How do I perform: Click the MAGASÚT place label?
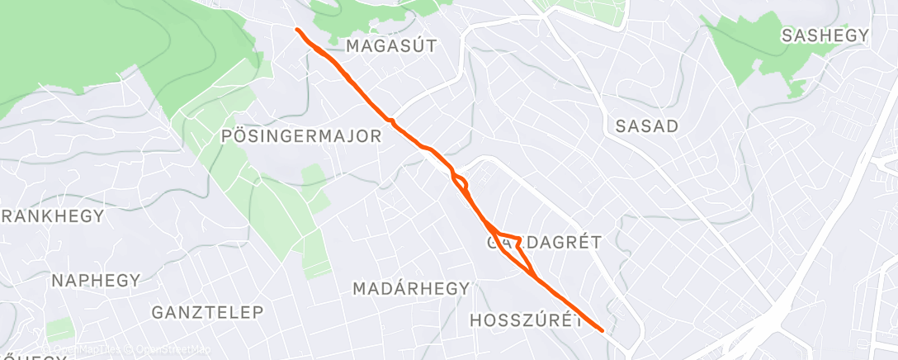(x=390, y=45)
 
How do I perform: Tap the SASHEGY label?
(x=825, y=35)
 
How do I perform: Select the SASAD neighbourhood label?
(x=646, y=126)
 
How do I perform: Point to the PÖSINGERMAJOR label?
(x=301, y=136)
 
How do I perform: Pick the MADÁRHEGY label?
(x=411, y=289)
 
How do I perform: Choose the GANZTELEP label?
(x=207, y=312)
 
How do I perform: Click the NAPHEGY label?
(x=96, y=281)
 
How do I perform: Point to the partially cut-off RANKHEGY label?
(x=52, y=217)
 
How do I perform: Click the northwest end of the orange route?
(x=297, y=30)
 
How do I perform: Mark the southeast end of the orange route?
(x=603, y=330)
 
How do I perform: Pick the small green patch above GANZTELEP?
(x=59, y=329)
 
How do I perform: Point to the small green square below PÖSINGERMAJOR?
(x=314, y=175)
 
